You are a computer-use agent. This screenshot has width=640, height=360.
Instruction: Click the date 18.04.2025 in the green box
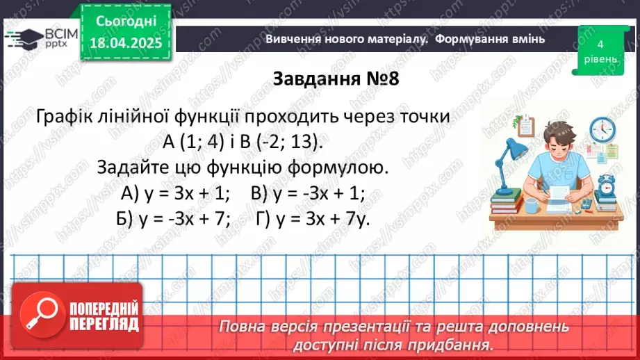[129, 42]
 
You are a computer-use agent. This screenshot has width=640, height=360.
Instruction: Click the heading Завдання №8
[335, 78]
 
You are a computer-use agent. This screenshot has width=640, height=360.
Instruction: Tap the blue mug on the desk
[531, 205]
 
